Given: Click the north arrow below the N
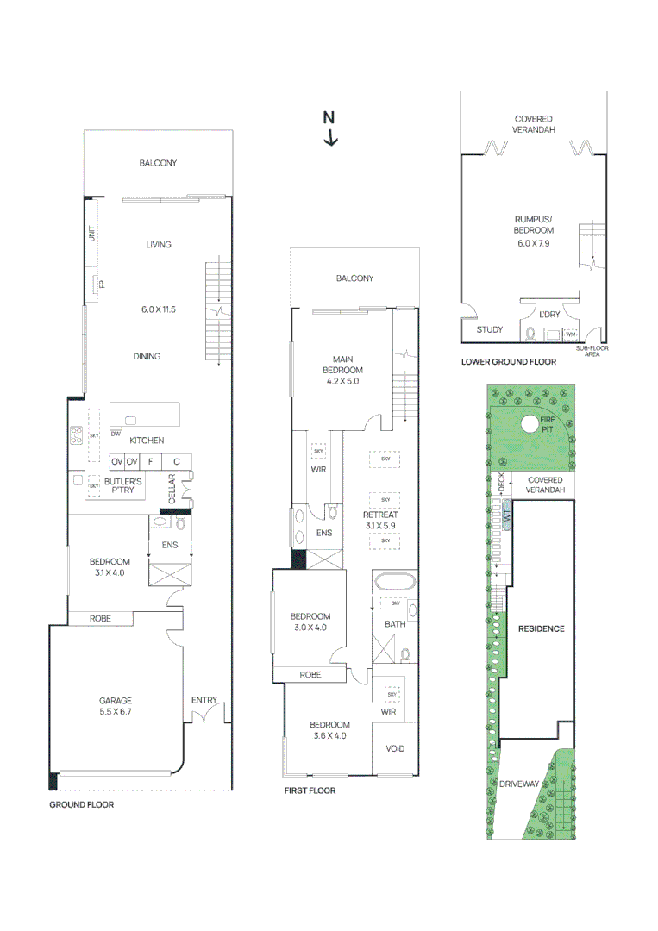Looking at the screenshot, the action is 331,137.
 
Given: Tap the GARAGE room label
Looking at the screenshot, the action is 116,701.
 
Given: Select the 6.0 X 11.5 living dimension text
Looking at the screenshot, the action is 159,309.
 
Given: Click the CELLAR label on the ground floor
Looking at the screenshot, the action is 172,488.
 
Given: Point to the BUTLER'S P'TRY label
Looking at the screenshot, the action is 123,485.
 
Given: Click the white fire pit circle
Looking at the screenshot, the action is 530,424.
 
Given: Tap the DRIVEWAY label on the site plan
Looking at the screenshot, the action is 519,784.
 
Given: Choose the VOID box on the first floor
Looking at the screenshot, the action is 395,748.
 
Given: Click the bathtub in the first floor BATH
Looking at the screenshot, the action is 395,581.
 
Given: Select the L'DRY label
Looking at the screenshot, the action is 549,314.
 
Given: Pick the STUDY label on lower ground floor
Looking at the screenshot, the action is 489,329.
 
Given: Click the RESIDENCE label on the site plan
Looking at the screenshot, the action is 541,628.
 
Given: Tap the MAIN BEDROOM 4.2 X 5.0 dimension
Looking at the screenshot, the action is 342,381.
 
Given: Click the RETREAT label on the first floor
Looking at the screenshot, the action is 380,515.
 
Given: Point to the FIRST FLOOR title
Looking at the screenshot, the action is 310,790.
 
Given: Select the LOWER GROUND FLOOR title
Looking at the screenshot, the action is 509,361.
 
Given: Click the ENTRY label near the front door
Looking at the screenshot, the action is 204,700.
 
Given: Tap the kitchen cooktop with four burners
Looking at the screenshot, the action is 77,435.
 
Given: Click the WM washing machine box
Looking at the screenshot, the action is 570,334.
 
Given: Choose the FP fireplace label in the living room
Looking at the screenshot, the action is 102,284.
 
